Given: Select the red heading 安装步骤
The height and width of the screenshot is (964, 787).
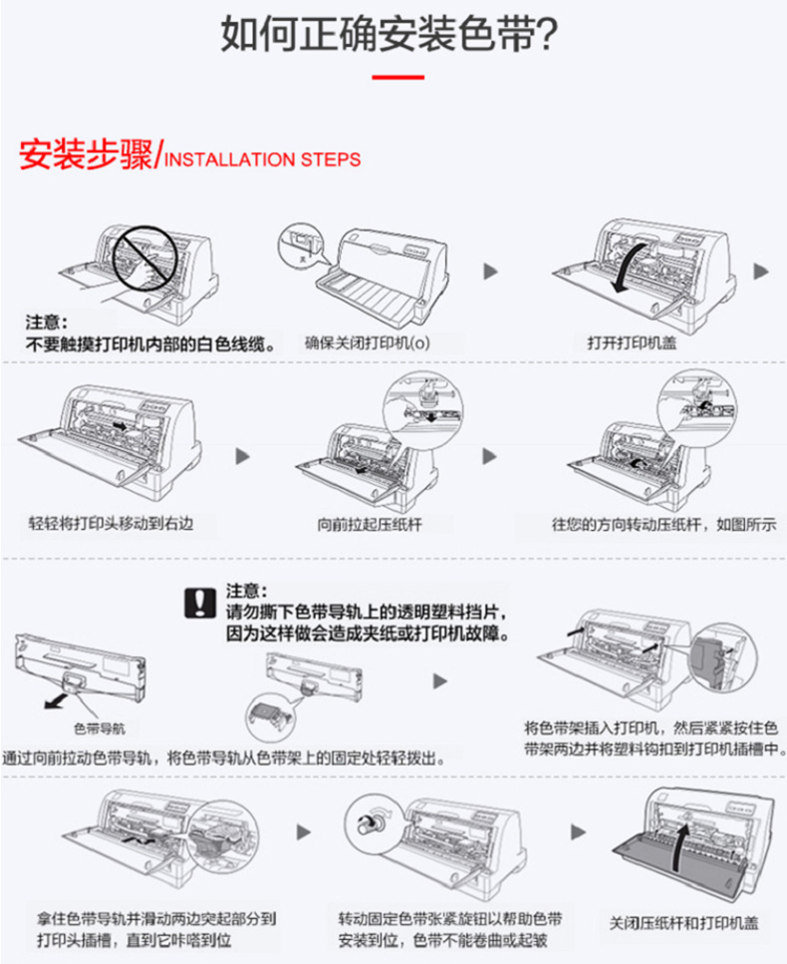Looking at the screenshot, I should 86,156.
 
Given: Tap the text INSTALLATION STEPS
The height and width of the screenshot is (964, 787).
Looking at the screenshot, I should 260,159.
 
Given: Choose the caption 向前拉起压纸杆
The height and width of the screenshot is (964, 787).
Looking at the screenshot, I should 370,524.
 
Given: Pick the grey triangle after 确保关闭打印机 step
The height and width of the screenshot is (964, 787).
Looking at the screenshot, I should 488,270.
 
